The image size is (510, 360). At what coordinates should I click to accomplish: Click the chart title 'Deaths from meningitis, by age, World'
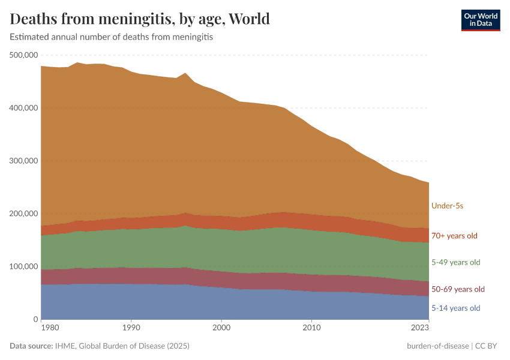tap(140, 19)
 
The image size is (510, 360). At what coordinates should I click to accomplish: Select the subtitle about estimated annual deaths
tap(112, 37)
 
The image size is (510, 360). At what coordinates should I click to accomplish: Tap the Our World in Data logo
tap(480, 20)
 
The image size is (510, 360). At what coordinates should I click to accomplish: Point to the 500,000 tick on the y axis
tap(24, 55)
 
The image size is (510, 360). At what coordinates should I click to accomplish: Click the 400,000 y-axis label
tap(24, 108)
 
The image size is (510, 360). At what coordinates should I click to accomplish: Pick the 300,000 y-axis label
tap(24, 161)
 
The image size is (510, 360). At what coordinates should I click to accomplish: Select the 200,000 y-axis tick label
tap(24, 214)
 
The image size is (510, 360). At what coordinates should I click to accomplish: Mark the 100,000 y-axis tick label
tap(24, 266)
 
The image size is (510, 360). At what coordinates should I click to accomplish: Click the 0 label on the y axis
tap(35, 319)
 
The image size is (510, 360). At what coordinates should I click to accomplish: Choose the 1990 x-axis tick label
tap(131, 328)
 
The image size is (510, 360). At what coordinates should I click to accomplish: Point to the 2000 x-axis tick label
tap(221, 328)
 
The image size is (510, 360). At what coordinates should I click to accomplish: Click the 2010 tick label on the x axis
tap(311, 328)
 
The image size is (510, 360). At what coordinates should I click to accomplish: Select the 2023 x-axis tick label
tap(420, 328)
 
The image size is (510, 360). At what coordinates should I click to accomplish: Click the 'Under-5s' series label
tap(447, 206)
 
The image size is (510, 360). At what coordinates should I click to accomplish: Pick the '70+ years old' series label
tap(454, 236)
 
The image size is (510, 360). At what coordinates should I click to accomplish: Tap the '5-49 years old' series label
tap(456, 262)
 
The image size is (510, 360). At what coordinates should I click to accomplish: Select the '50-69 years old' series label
tap(458, 289)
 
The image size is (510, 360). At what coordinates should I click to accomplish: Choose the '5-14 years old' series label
tap(456, 308)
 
